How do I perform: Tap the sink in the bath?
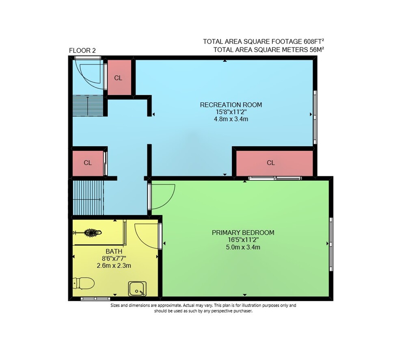click(x=137, y=289)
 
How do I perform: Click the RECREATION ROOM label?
click(x=231, y=105)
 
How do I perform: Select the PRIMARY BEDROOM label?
click(x=243, y=232)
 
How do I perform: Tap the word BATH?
click(x=114, y=251)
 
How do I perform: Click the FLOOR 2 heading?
click(x=82, y=50)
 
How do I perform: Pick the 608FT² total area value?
click(x=314, y=41)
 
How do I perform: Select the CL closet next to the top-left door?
click(x=119, y=78)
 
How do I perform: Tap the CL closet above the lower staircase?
click(x=88, y=163)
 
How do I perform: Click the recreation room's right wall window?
click(x=315, y=117)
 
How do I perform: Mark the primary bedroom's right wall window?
click(x=331, y=244)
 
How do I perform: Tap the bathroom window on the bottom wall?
click(x=95, y=299)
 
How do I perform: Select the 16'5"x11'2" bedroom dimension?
click(x=243, y=240)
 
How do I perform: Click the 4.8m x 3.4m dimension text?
click(x=231, y=119)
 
